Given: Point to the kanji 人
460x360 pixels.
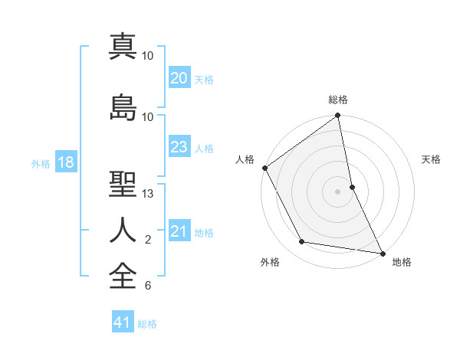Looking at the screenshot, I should click(x=123, y=230).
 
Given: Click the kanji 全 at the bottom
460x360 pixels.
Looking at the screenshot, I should click(x=123, y=276).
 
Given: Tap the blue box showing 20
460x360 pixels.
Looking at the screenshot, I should click(x=179, y=78).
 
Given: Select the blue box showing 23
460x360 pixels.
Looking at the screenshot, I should click(x=179, y=147).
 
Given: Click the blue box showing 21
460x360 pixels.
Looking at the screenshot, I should click(x=179, y=231).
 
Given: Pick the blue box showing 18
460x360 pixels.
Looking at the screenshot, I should click(x=65, y=163).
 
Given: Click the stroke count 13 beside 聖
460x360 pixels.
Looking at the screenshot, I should click(x=148, y=193).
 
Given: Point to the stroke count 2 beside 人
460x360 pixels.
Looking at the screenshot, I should click(x=148, y=240).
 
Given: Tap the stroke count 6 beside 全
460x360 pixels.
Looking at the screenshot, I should click(x=148, y=286).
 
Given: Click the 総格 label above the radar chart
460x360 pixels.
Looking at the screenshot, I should click(x=338, y=100).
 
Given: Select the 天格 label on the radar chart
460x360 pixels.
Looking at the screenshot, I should click(x=431, y=159).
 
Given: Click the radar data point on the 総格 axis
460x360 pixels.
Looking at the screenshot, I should click(x=338, y=116).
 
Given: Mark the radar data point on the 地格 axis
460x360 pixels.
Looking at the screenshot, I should click(x=382, y=253).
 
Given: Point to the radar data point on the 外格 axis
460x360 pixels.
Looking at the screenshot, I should click(x=302, y=242).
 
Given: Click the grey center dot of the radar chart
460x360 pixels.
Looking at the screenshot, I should click(x=338, y=191).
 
